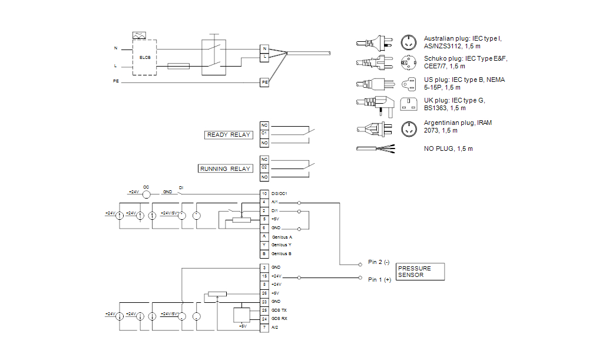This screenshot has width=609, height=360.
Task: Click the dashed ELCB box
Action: tap(144, 57)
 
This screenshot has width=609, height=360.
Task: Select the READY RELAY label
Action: tap(229, 135)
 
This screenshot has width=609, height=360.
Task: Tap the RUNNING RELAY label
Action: tap(226, 169)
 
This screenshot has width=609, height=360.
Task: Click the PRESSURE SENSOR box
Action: tap(420, 272)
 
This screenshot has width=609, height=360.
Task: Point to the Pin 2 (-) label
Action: tap(379, 262)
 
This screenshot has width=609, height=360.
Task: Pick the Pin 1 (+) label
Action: tap(379, 280)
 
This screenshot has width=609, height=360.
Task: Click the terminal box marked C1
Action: tap(264, 134)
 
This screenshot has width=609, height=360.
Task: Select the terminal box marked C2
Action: tap(264, 168)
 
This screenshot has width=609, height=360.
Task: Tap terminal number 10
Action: tap(264, 193)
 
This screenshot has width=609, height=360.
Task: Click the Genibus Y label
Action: tap(282, 245)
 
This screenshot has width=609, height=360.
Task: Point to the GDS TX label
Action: tap(280, 310)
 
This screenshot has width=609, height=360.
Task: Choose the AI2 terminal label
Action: tap(274, 327)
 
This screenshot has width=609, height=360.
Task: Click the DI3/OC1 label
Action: tap(279, 193)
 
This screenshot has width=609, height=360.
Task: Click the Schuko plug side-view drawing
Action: tap(374, 62)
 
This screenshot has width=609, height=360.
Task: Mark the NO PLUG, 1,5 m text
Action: tap(448, 148)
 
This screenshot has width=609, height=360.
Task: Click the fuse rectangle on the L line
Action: tap(178, 66)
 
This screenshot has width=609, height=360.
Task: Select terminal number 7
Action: tap(264, 327)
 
